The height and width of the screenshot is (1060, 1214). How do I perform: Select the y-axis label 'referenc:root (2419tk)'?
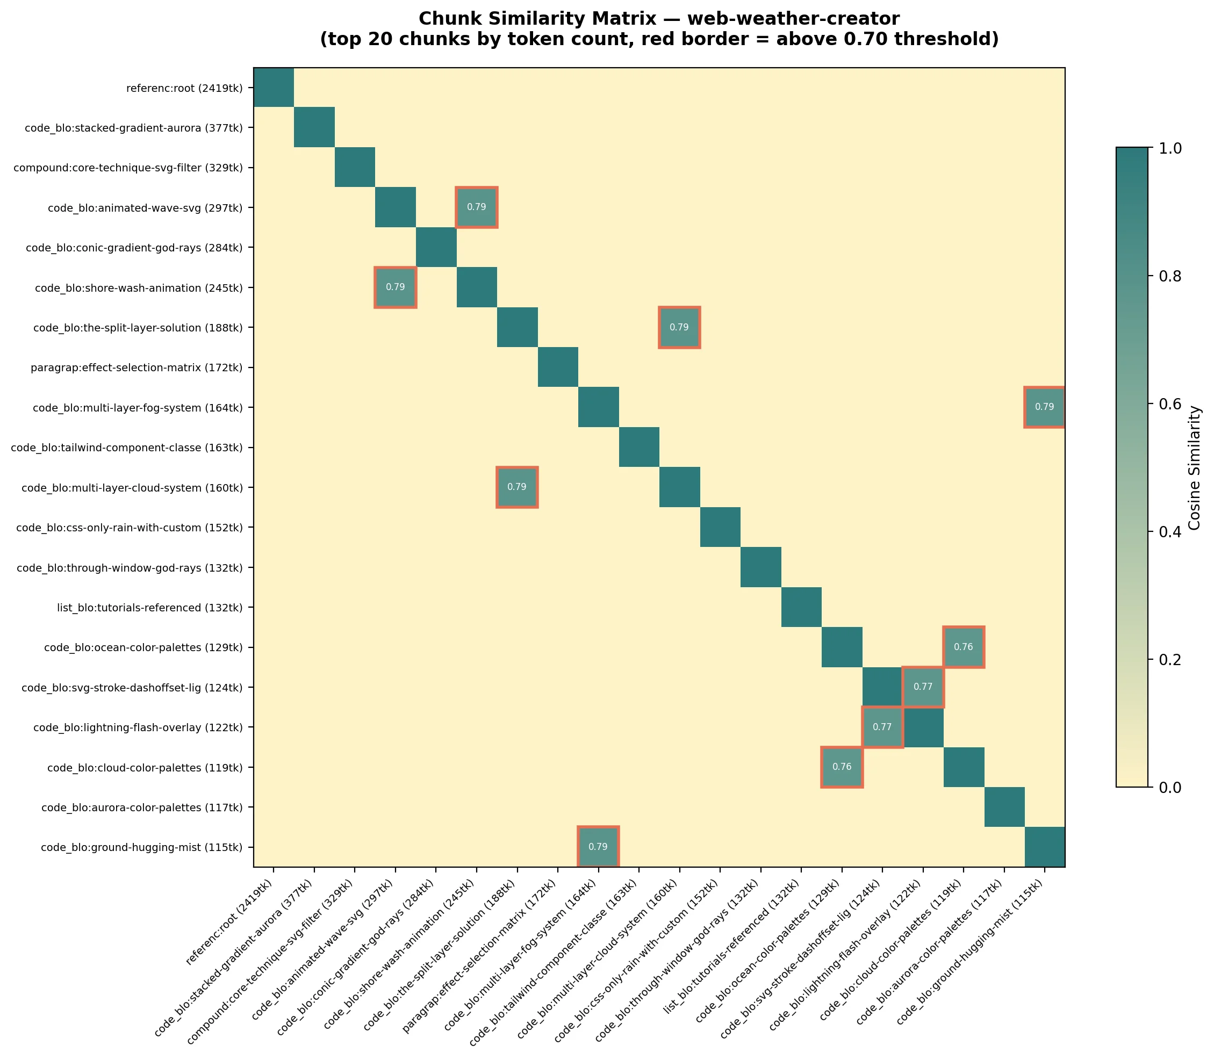(184, 89)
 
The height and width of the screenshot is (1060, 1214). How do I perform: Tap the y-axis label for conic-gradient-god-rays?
(134, 248)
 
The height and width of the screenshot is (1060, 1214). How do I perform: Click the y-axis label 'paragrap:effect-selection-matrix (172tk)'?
(137, 368)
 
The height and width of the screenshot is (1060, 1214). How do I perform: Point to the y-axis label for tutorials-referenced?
(150, 608)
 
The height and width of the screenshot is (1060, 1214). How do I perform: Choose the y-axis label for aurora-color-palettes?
(142, 807)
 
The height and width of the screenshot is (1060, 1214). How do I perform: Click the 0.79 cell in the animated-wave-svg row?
(476, 207)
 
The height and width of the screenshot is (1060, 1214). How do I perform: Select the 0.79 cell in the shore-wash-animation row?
(395, 287)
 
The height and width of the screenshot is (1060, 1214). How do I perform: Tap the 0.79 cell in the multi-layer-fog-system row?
(1044, 407)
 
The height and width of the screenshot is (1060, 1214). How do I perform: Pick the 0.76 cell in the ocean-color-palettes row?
(963, 647)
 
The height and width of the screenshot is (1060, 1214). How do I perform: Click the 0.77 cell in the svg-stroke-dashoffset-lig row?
(923, 687)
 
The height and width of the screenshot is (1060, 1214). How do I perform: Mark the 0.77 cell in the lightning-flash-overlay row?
(882, 727)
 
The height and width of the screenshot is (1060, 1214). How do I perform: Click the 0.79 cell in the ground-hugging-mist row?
(598, 847)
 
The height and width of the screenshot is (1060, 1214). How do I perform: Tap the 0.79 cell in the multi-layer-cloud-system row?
(517, 487)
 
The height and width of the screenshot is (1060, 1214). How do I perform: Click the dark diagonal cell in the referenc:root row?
(274, 88)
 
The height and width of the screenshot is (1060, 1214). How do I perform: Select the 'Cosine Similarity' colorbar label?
(1194, 467)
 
